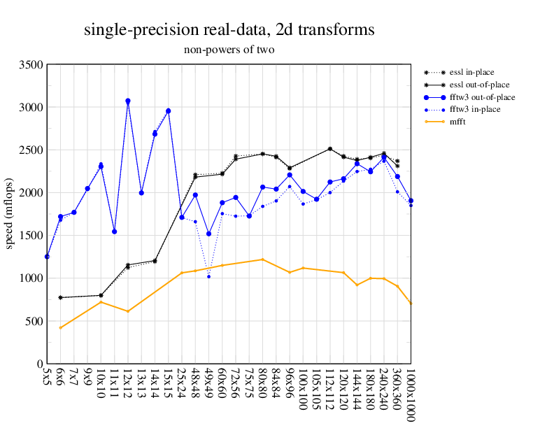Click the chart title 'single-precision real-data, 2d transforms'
click(229, 30)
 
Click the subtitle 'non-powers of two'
click(229, 50)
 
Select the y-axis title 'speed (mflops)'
click(10, 214)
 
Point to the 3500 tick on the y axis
click(31, 64)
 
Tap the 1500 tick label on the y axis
click(31, 236)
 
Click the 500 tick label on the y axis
click(34, 321)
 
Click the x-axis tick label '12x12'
click(128, 384)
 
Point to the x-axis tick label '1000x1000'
click(411, 392)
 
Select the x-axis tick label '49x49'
click(208, 384)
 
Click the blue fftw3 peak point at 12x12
click(127, 101)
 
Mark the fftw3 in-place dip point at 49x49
click(208, 276)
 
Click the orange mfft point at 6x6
click(60, 327)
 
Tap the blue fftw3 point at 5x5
click(47, 257)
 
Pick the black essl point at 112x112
click(329, 149)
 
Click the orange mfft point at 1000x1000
click(411, 304)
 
